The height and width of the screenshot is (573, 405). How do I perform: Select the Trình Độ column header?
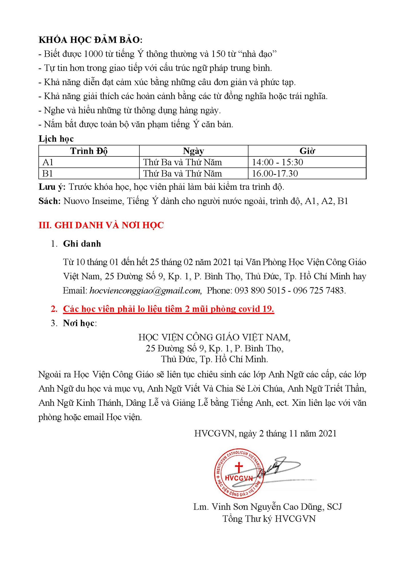pyautogui.click(x=89, y=151)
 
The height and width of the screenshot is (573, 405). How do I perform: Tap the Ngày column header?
pyautogui.click(x=193, y=151)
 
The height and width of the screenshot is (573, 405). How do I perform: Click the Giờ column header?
pyautogui.click(x=307, y=151)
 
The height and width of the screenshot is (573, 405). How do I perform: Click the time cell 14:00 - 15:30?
pyautogui.click(x=277, y=162)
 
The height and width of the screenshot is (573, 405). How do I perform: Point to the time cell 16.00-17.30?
pyautogui.click(x=275, y=174)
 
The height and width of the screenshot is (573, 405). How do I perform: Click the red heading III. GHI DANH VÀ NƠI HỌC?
pyautogui.click(x=101, y=225)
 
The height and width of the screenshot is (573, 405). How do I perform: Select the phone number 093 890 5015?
pyautogui.click(x=260, y=291)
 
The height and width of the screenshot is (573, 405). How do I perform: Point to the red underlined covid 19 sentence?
pyautogui.click(x=169, y=309)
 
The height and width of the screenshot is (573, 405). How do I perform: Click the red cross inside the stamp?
pyautogui.click(x=238, y=467)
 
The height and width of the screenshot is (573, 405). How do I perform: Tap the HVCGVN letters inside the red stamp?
pyautogui.click(x=239, y=478)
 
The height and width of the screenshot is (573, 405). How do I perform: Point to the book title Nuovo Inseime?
pyautogui.click(x=92, y=201)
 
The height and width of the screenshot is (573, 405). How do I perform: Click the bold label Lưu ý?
pyautogui.click(x=52, y=187)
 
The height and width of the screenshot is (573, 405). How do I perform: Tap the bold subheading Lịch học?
pyautogui.click(x=56, y=139)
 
